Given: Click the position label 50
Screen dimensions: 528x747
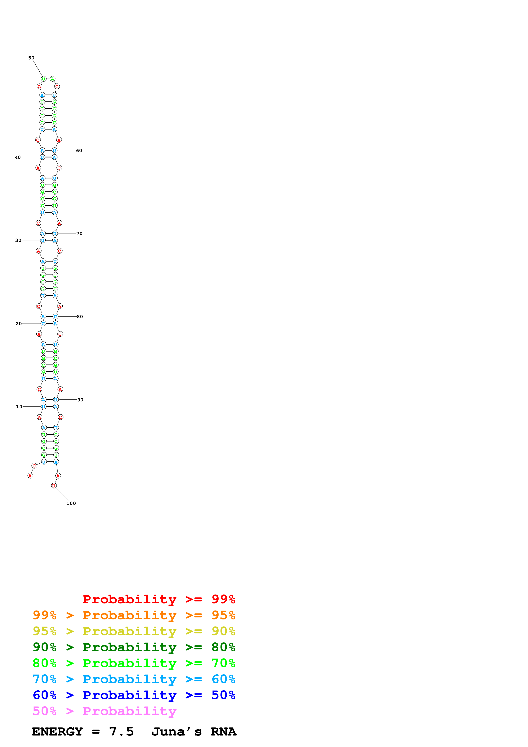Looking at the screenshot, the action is point(31,58).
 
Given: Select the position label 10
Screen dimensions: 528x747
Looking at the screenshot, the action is point(19,407).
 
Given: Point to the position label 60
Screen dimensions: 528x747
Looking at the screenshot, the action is point(79,151).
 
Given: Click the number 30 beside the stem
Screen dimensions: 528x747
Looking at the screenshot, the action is point(18,240).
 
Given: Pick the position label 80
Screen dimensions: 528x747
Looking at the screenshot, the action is point(80,317).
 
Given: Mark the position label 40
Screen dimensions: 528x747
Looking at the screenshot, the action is point(18,157).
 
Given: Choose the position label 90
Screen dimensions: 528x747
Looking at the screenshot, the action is point(80,400).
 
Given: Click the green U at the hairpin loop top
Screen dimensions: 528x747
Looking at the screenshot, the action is point(44,79).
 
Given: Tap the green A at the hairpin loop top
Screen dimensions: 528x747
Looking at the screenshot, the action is point(52,79).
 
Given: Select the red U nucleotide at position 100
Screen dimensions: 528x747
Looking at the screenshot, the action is point(54,486).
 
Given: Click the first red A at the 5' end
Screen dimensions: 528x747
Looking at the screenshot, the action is point(30,476).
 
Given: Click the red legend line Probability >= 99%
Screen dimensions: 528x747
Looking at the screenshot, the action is point(159,599).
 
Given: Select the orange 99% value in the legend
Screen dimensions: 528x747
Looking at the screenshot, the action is point(45,615).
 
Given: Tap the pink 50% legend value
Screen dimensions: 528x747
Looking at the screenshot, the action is point(45,711).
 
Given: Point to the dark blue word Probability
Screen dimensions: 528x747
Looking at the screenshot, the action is point(129,695).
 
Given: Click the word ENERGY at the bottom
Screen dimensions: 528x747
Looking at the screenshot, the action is point(57,732).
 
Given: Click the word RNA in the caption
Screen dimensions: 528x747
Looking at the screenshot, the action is point(223,732).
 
